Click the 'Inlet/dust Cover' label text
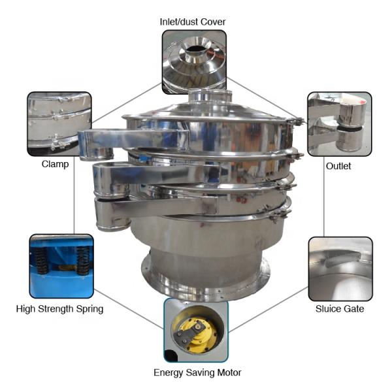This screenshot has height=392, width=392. pos(193,22)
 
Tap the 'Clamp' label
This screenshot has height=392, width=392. pos(55,164)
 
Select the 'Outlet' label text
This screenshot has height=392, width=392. pos(338,166)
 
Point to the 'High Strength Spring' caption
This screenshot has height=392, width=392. pos(59,309)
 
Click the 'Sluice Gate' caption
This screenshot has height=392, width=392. pos(340,309)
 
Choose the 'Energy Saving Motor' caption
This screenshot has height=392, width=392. pos(197,372)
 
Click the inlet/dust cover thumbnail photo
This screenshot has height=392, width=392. pos(194,62)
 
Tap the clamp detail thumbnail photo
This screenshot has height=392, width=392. pos(59,124)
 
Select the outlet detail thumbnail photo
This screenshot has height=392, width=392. pos(340,124)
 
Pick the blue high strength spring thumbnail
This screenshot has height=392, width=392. pos(61,267)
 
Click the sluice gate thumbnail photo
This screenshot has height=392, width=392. pos(340,269)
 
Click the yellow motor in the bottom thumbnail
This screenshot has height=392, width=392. pos(195,333)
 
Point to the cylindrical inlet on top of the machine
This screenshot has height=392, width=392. pos(210,96)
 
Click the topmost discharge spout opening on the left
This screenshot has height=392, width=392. pos(96,154)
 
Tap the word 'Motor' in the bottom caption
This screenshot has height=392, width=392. pos(229,372)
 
